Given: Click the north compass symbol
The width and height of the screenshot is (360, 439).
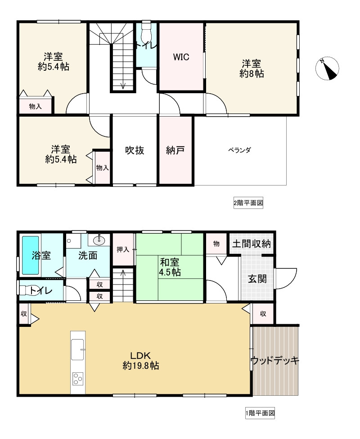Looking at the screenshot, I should click(x=327, y=69).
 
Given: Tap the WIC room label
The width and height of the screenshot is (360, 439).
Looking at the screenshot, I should click(x=181, y=57).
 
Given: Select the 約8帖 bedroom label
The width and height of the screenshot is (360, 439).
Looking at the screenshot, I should click(x=252, y=69).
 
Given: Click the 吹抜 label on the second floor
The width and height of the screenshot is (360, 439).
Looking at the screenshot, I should click(x=135, y=150).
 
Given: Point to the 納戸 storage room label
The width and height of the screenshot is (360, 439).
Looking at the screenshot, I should click(x=175, y=150).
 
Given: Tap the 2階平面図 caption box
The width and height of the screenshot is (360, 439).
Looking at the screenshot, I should click(x=247, y=203).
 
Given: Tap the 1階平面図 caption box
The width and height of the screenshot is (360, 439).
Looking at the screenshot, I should click(x=260, y=413).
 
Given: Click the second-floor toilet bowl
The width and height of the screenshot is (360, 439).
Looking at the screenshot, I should click(x=147, y=34).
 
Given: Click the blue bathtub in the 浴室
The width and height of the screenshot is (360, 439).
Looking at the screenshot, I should click(x=30, y=255).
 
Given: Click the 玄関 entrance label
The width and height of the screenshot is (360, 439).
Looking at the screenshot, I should click(x=257, y=279).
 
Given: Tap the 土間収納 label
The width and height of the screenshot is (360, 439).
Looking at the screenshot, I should click(x=251, y=244).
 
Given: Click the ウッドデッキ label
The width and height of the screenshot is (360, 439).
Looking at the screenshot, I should click(x=275, y=361).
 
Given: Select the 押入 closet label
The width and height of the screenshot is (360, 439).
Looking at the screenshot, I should click(x=123, y=249).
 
